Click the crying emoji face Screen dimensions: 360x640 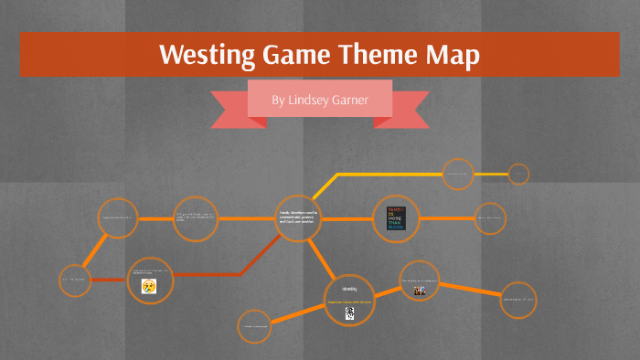point(147,286)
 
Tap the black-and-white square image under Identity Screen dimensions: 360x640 point(349,313)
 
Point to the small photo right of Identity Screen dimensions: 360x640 point(421,291)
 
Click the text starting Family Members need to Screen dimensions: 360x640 point(298,217)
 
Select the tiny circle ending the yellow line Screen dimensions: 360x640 point(518,174)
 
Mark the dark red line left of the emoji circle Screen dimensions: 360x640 point(106,279)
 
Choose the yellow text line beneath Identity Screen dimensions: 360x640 point(349,301)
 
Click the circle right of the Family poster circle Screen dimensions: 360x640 point(489,217)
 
